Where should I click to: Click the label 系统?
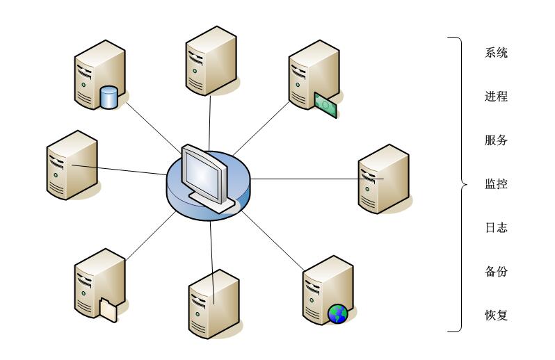click(496, 53)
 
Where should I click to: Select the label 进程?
click(496, 97)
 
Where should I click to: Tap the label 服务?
click(496, 140)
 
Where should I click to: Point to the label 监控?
click(496, 184)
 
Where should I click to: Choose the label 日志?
click(496, 228)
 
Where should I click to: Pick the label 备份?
click(496, 272)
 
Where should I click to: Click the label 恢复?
click(496, 316)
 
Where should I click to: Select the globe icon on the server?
click(337, 314)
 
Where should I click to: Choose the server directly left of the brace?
click(383, 179)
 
